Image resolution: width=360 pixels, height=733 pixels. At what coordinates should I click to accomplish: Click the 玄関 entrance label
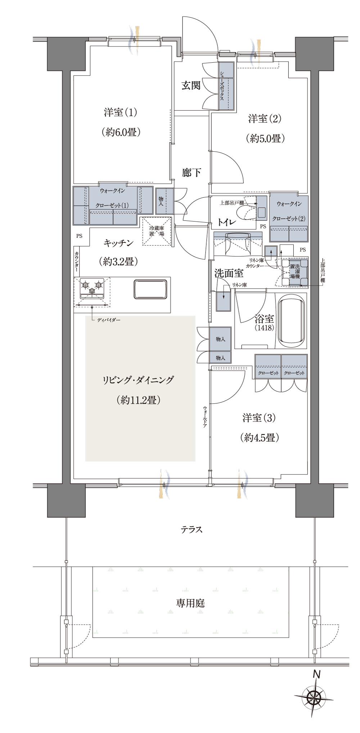191,85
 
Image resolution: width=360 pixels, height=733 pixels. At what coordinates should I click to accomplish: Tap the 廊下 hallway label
191,173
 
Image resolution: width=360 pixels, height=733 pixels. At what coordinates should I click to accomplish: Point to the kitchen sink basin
150,289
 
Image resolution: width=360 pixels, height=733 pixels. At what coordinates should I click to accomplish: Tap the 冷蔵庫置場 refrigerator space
157,232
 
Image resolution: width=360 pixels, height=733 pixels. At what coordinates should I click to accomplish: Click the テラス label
191,529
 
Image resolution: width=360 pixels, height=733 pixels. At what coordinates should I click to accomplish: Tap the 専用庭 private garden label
190,603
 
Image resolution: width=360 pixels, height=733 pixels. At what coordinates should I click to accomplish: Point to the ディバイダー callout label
109,320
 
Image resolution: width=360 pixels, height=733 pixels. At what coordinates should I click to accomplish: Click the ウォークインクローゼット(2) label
289,211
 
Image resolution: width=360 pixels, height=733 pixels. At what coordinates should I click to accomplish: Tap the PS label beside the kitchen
79,236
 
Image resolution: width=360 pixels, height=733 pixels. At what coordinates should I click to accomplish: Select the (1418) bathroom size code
264,328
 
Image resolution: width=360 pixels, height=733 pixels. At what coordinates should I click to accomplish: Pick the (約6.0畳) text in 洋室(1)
121,132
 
